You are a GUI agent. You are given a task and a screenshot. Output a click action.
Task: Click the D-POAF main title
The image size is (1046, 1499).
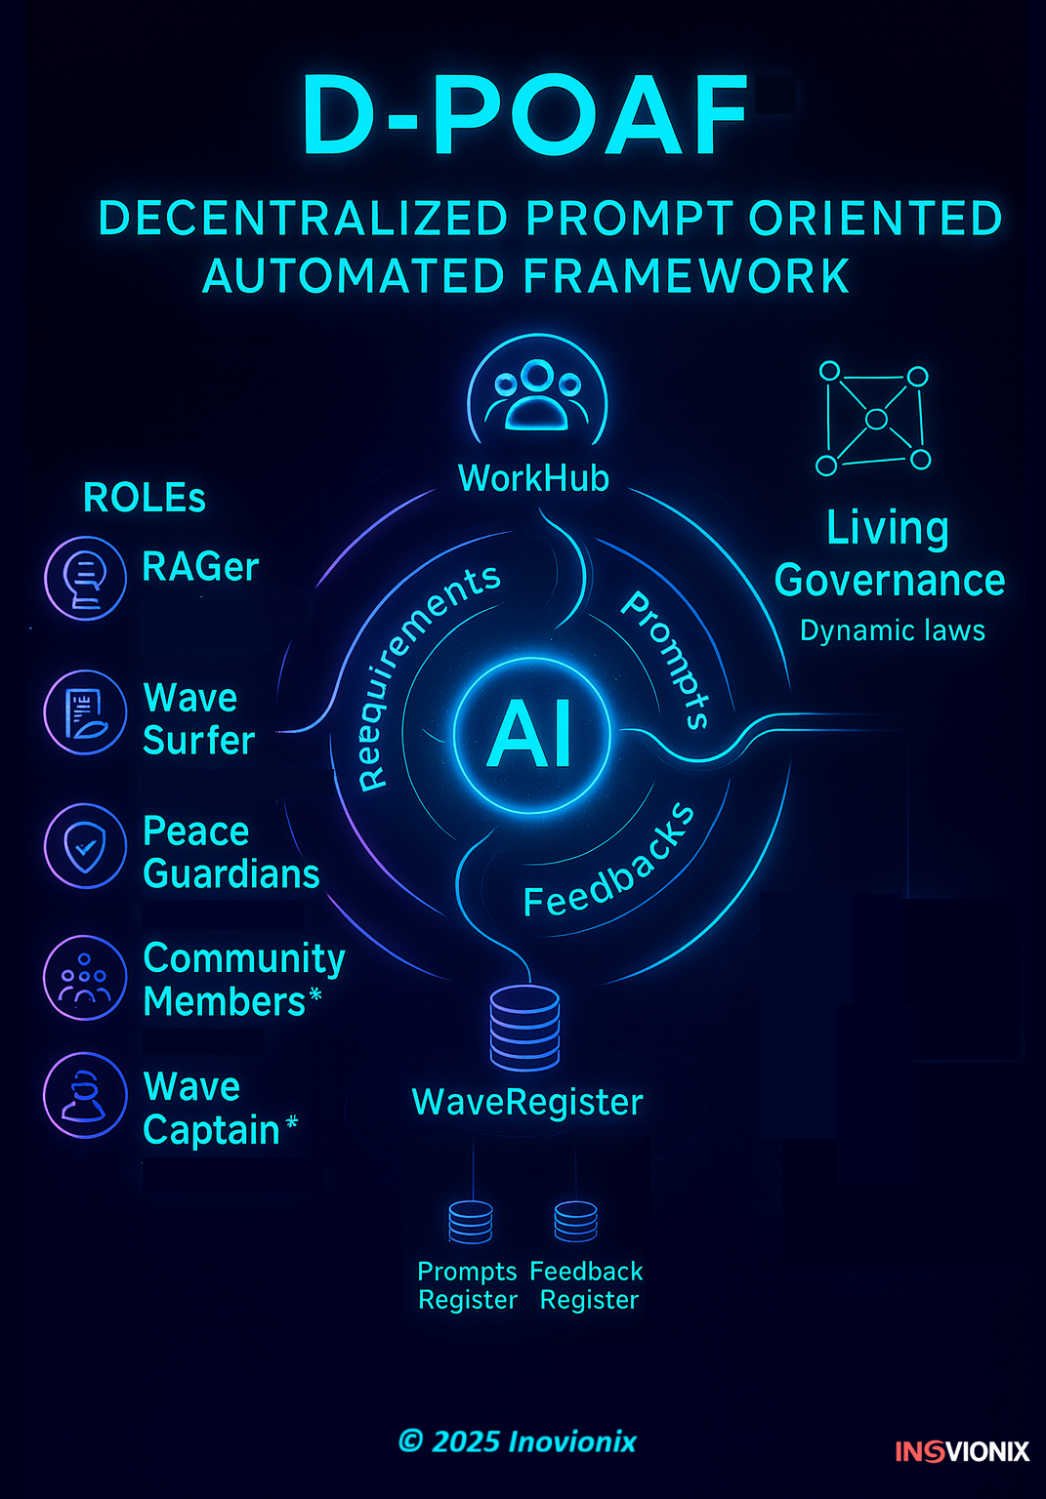point(524,116)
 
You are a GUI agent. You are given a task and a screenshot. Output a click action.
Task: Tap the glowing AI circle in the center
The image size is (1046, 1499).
point(531,735)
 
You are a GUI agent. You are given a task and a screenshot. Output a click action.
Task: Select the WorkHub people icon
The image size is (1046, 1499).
point(536,394)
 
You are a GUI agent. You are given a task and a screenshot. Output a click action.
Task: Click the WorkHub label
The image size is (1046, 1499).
point(533,478)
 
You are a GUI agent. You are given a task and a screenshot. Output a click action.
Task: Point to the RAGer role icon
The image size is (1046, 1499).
point(86,578)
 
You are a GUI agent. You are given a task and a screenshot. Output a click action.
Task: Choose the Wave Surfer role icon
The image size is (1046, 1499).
point(86,711)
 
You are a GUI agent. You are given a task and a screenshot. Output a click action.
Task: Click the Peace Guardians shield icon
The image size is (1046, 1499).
point(86,845)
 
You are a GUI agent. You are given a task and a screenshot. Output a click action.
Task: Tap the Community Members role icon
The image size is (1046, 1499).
point(86,978)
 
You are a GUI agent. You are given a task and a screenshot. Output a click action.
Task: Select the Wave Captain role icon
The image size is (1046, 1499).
point(86,1094)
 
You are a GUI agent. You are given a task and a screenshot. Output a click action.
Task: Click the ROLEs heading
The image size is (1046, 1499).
point(145,498)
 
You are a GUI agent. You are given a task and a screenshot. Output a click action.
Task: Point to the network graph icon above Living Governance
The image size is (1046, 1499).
point(875,419)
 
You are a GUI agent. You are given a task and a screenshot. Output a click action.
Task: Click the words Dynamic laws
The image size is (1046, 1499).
point(892,630)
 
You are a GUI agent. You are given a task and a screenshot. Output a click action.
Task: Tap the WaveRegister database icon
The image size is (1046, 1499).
point(525,1027)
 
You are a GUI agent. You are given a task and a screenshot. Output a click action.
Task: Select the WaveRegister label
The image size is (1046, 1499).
point(527,1102)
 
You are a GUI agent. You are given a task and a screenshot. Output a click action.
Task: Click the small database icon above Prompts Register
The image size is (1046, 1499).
point(471,1222)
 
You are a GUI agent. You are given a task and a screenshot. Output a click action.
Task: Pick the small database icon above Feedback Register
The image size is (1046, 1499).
point(575,1221)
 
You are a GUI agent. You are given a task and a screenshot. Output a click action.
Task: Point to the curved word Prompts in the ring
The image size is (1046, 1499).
point(667,659)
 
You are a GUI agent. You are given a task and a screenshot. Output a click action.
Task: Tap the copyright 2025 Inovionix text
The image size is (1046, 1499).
point(517,1441)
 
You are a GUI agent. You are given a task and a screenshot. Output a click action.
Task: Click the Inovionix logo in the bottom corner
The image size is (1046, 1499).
point(962,1451)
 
